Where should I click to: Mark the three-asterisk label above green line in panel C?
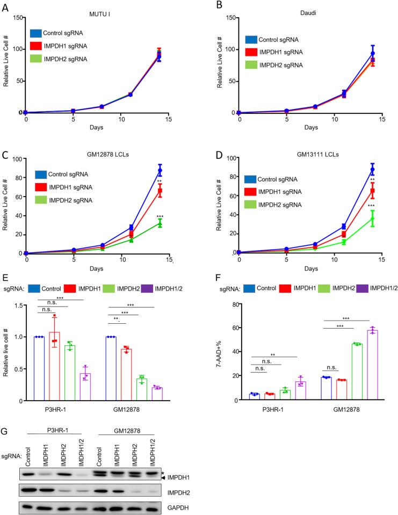coord(160,217)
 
